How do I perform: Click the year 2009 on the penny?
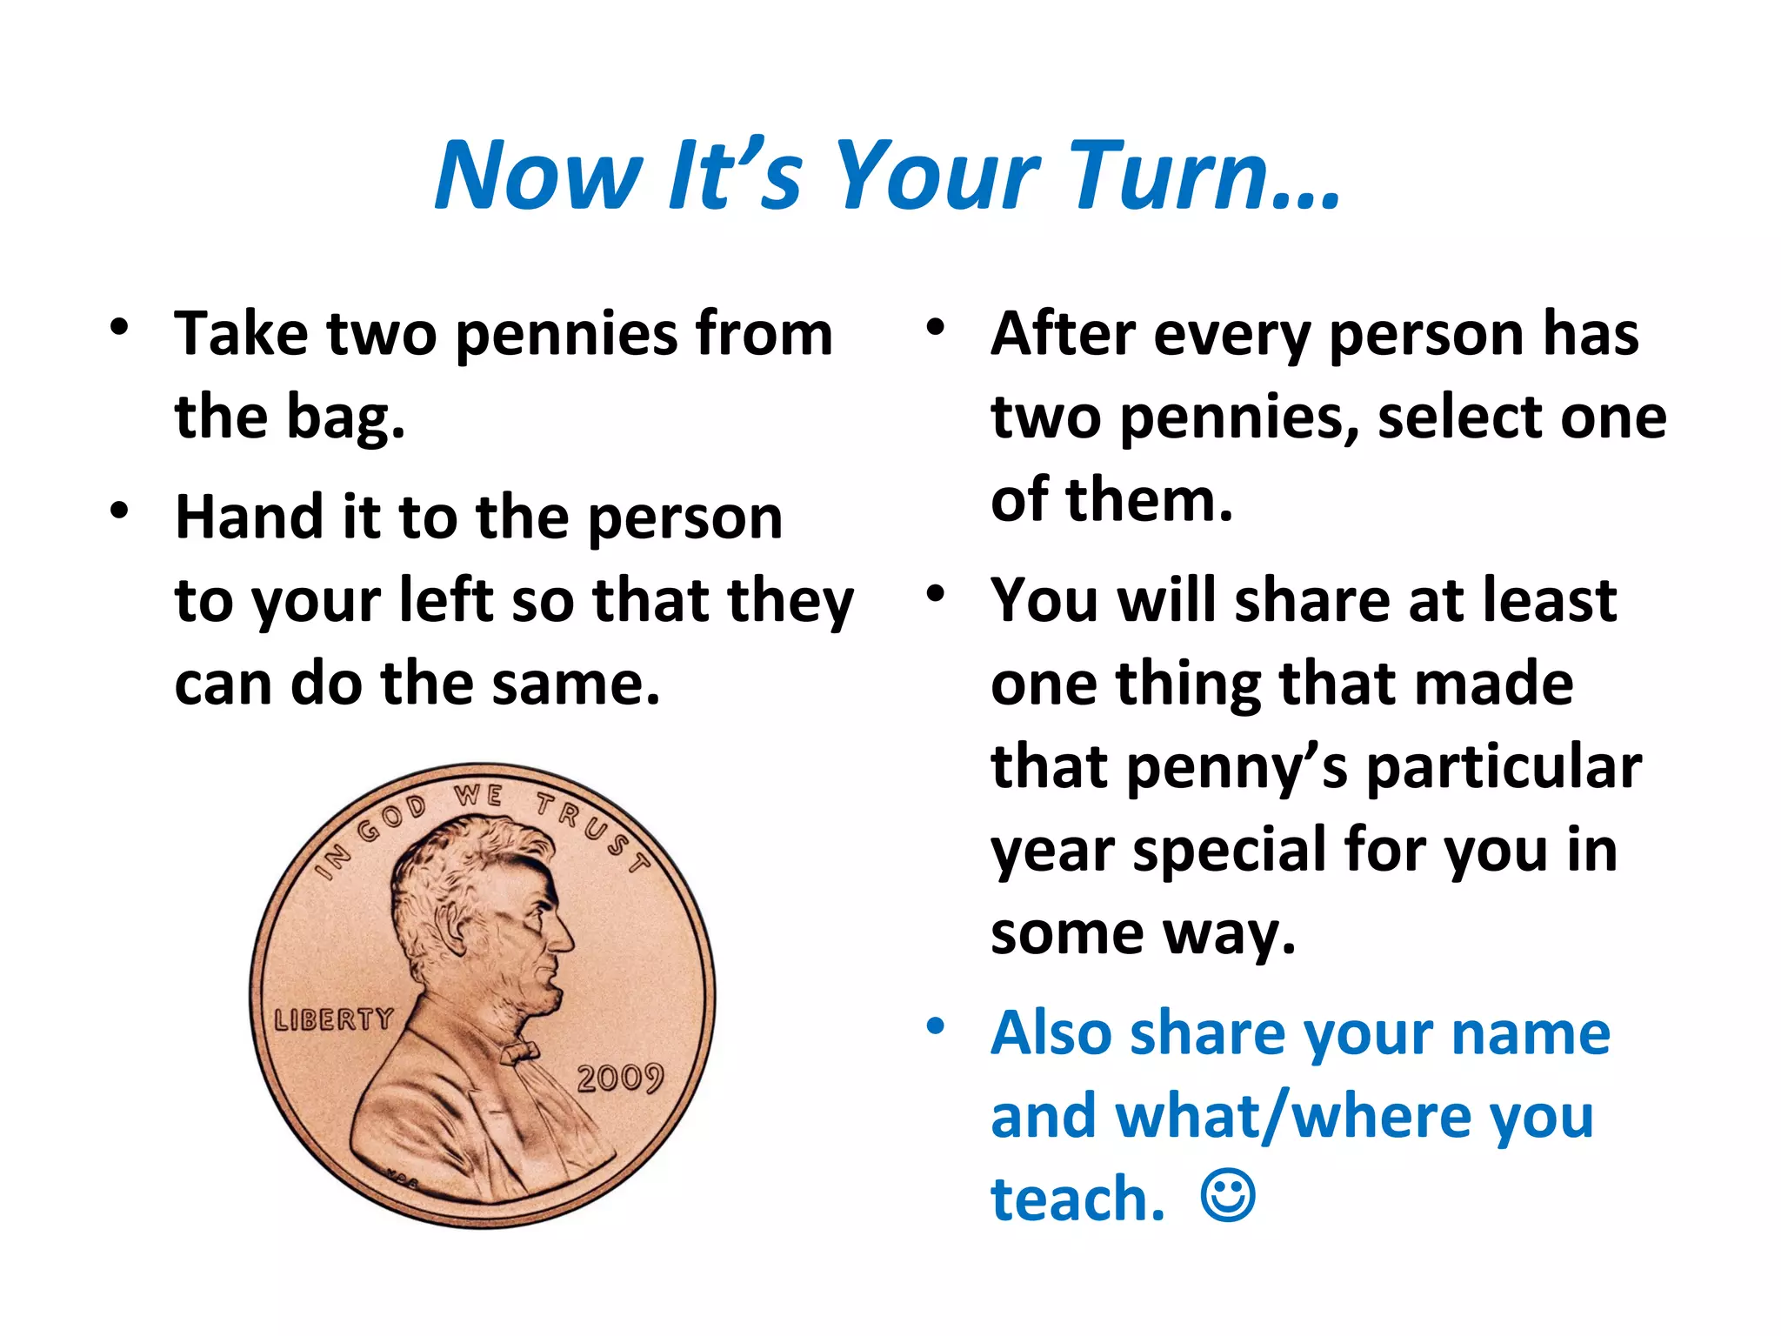click(x=620, y=1079)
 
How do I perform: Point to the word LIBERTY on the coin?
click(x=334, y=1019)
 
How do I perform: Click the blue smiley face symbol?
click(x=1227, y=1196)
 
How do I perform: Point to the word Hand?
click(x=250, y=518)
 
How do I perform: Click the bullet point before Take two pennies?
click(x=119, y=328)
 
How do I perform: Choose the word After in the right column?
click(x=1063, y=334)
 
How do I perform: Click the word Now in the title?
click(x=539, y=177)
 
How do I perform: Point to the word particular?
click(x=1504, y=767)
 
